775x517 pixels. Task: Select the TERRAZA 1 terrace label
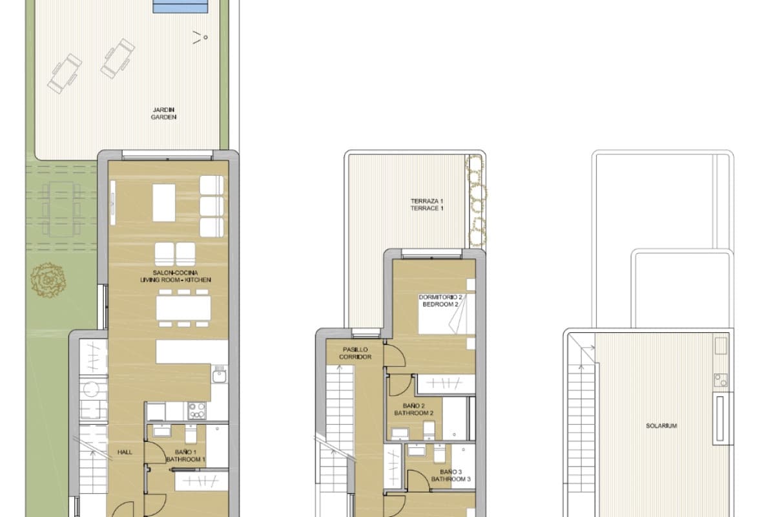(x=427, y=205)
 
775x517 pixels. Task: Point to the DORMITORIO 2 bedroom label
(x=440, y=301)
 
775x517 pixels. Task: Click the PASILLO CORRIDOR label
(x=357, y=352)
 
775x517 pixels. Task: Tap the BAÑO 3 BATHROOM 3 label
(x=451, y=476)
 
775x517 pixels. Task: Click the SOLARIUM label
(x=661, y=426)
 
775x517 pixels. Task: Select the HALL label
(x=125, y=452)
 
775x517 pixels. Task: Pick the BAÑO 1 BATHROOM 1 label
(x=185, y=456)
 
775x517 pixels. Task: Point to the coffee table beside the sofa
(x=164, y=203)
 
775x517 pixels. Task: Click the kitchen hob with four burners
(x=196, y=410)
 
